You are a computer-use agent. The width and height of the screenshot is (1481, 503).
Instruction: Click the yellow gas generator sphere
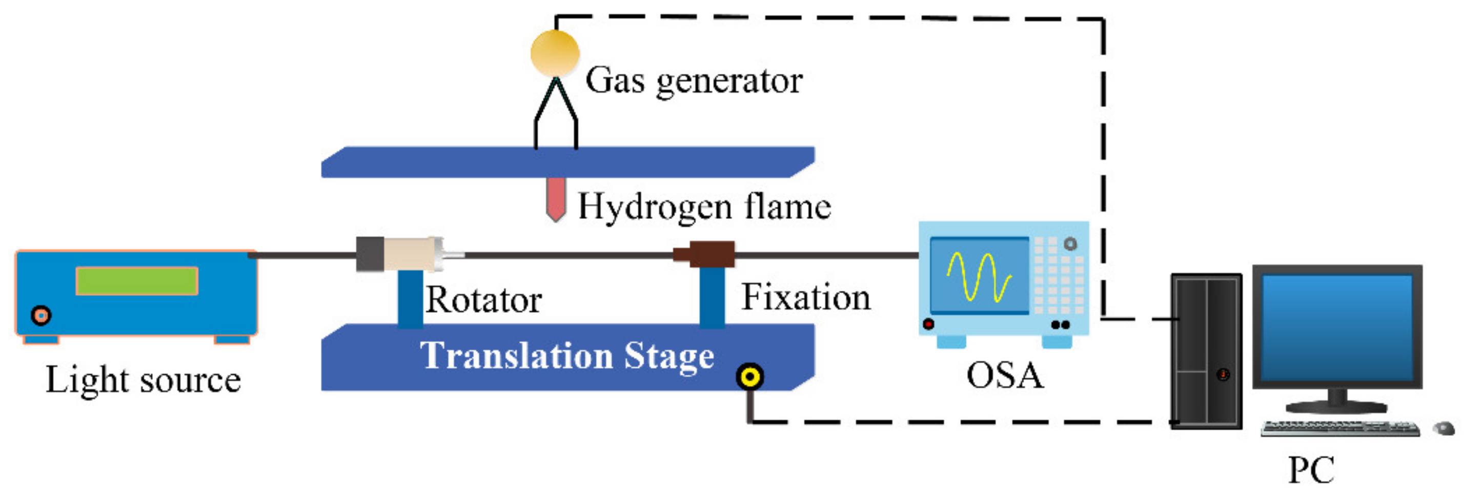(x=554, y=53)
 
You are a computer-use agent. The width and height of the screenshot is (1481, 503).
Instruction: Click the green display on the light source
(x=137, y=281)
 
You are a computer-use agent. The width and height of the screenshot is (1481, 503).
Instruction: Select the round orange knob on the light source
(x=41, y=315)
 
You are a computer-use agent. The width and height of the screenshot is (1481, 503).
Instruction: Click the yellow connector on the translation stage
(x=749, y=377)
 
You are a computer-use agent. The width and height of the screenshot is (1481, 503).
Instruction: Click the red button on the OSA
(x=928, y=324)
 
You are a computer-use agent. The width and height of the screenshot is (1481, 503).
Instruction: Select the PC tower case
(x=1206, y=351)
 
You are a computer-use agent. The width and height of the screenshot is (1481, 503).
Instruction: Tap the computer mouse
(x=1444, y=428)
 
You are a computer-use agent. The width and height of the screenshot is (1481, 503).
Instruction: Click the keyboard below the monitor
(x=1340, y=429)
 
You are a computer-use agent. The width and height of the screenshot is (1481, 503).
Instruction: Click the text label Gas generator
(x=694, y=81)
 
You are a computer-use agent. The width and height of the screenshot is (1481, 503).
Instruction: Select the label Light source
(x=143, y=380)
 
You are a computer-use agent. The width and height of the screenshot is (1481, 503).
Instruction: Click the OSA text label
(x=1004, y=376)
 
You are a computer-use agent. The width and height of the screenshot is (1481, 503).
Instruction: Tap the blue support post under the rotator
(x=410, y=299)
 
